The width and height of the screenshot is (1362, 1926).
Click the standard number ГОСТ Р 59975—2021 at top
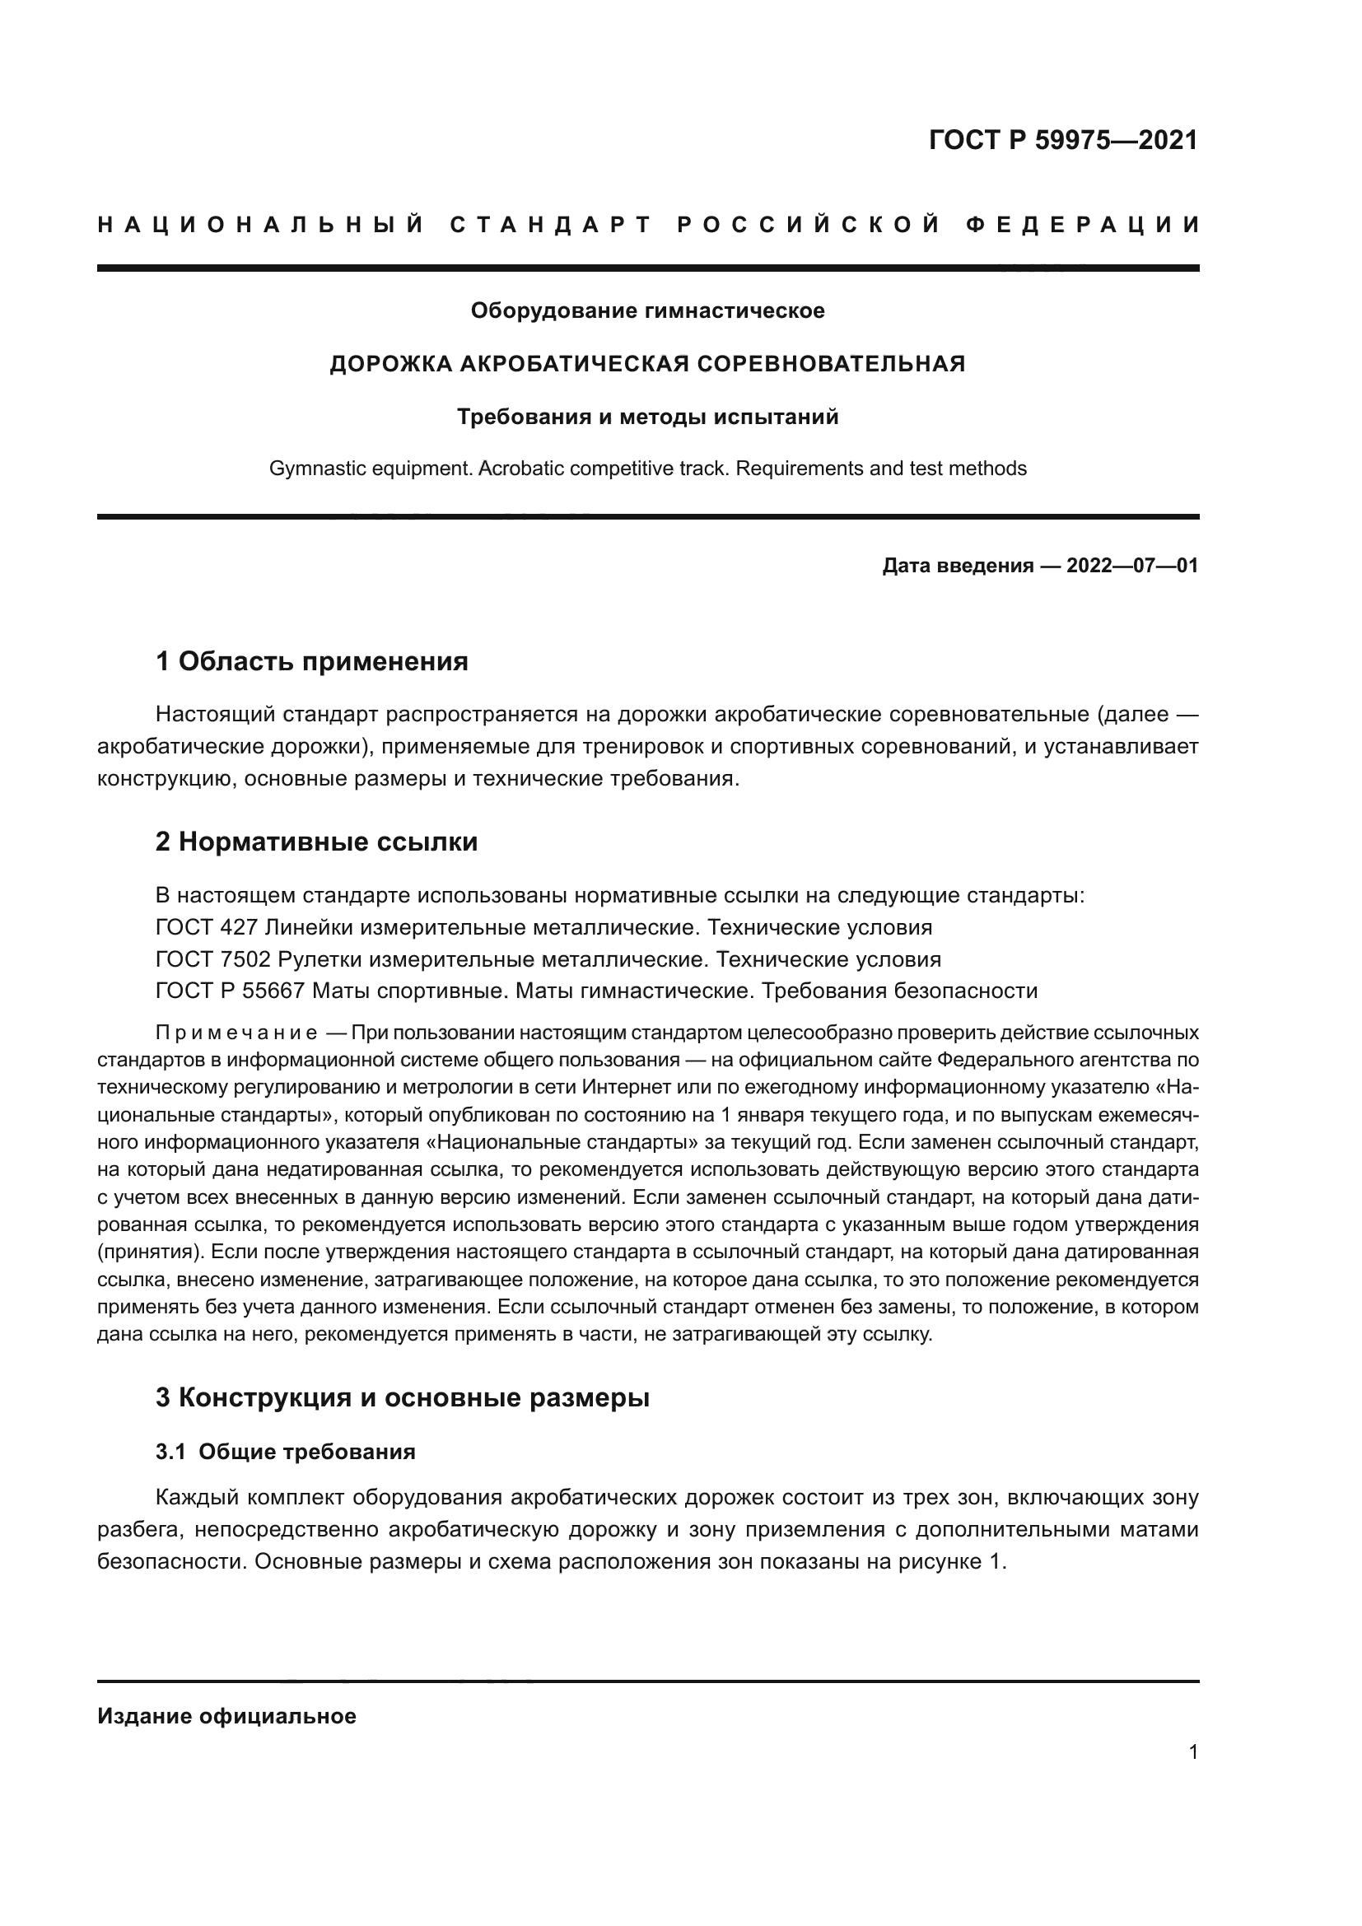1062,140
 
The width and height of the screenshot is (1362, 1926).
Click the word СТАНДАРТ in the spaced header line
551,225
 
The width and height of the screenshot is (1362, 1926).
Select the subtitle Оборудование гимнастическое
647,311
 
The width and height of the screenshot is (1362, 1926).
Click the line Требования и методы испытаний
647,417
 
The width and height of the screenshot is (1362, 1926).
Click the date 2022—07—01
1131,566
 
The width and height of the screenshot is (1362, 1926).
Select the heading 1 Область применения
311,662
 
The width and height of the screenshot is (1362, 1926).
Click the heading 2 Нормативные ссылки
316,842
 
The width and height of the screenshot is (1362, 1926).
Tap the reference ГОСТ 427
207,928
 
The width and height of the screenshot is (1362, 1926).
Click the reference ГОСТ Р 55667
230,991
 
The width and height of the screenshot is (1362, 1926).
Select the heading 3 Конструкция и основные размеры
403,1397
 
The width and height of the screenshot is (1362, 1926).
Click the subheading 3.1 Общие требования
285,1452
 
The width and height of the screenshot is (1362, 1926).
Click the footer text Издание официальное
226,1716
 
